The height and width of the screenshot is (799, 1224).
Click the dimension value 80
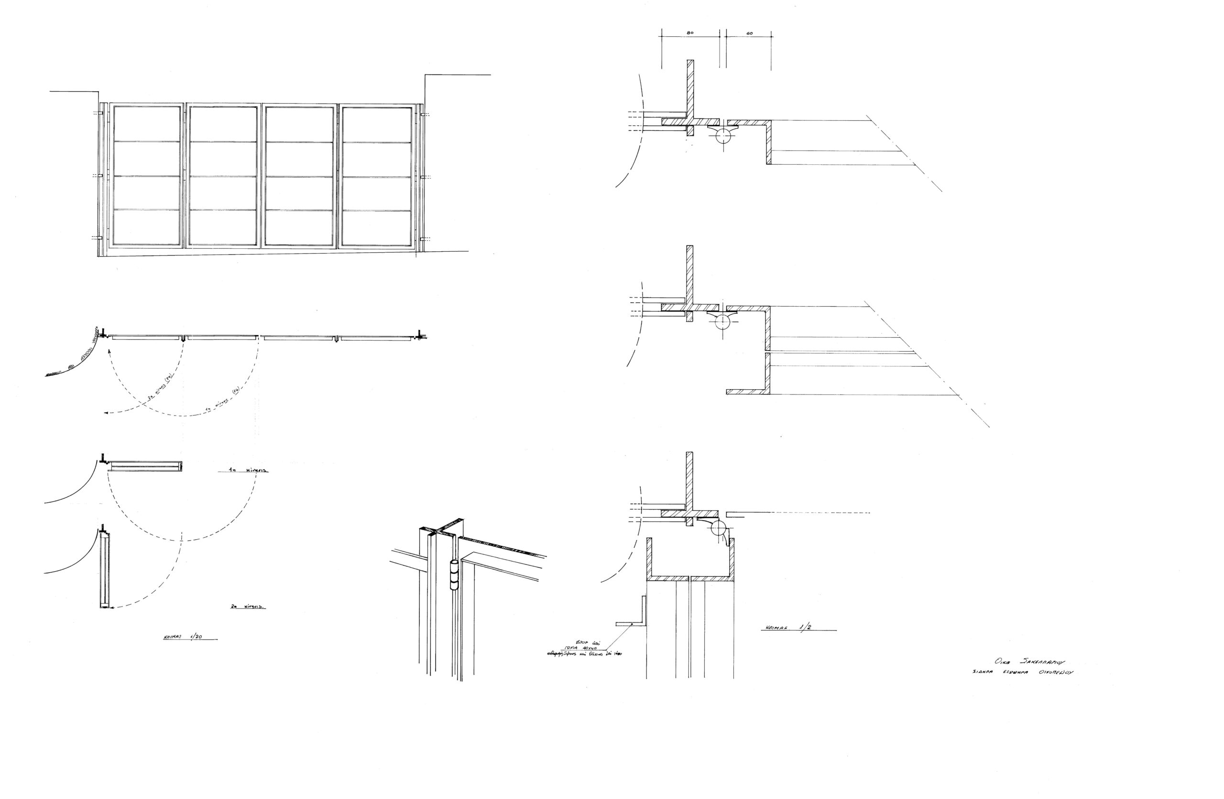[689, 33]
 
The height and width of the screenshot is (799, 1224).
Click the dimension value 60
[749, 33]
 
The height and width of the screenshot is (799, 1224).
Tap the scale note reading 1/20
[196, 637]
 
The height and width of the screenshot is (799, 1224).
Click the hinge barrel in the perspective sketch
[454, 575]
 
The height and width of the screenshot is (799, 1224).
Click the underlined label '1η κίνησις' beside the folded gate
[249, 470]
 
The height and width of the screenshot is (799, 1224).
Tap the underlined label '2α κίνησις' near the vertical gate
[249, 607]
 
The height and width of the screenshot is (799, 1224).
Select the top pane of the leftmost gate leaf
[147, 124]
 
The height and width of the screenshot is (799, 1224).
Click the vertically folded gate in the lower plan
[104, 569]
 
